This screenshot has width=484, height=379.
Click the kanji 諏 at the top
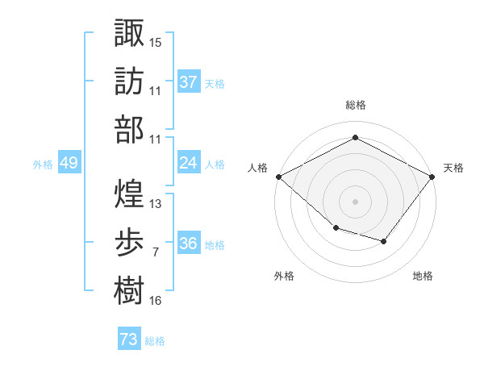pyautogui.click(x=129, y=32)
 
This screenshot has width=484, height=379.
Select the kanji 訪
pyautogui.click(x=129, y=81)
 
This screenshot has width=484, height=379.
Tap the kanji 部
pyautogui.click(x=129, y=130)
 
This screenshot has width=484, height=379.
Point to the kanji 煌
pyautogui.click(x=129, y=194)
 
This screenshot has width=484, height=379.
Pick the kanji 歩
pyautogui.click(x=129, y=242)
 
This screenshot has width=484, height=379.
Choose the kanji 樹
pyautogui.click(x=129, y=290)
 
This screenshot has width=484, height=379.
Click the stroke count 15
pyautogui.click(x=155, y=43)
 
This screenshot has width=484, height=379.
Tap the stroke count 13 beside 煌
pyautogui.click(x=155, y=204)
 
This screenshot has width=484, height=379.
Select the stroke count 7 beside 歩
pyautogui.click(x=156, y=252)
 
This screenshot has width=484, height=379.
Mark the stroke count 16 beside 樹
pyautogui.click(x=155, y=301)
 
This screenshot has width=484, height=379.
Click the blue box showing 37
pyautogui.click(x=189, y=81)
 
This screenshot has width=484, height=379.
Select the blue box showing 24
pyautogui.click(x=189, y=162)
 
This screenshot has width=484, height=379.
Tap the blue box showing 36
pyautogui.click(x=189, y=242)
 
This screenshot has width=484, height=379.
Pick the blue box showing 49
pyautogui.click(x=69, y=162)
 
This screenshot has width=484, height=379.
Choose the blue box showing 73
pyautogui.click(x=129, y=338)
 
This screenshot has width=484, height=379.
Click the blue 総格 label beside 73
pyautogui.click(x=155, y=341)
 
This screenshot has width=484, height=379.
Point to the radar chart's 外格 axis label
pyautogui.click(x=284, y=276)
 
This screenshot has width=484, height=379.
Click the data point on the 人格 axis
pyautogui.click(x=279, y=177)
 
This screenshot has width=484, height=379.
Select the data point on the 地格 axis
pyautogui.click(x=383, y=241)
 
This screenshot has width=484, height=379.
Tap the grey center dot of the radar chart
pyautogui.click(x=355, y=202)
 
